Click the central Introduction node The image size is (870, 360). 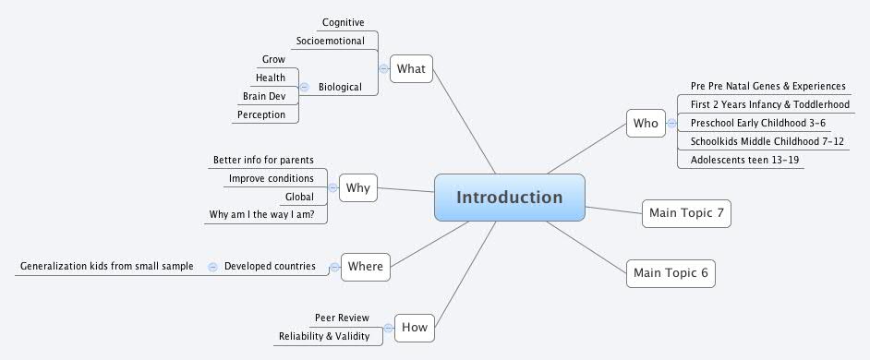pos(509,198)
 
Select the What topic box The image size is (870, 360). pos(411,68)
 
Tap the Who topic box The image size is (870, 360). pos(645,123)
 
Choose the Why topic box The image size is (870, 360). pos(357,188)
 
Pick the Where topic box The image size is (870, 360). pos(365,267)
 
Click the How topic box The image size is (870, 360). pos(415,326)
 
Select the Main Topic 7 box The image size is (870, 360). pos(686,213)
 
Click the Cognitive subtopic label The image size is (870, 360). pos(343,22)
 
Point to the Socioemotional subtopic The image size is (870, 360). pos(330,41)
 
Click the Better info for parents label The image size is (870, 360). pos(263,160)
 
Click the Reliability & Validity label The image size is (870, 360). pos(324,336)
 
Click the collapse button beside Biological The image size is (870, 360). pos(305,87)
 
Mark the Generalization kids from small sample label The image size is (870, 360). pos(107,266)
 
